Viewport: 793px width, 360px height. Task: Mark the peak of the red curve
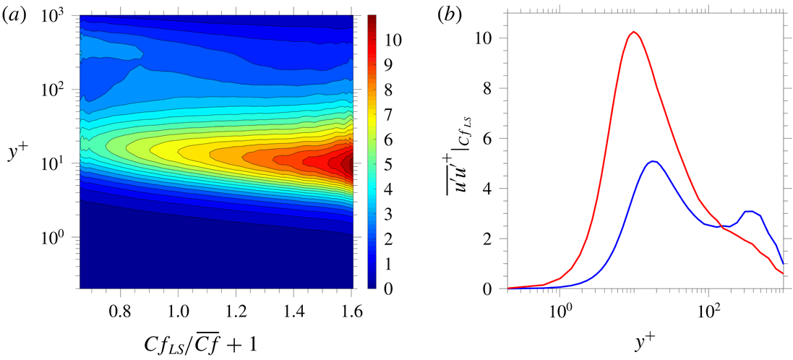click(634, 32)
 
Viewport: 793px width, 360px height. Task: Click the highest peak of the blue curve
click(653, 161)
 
